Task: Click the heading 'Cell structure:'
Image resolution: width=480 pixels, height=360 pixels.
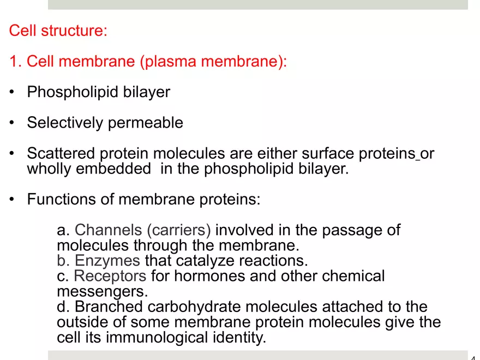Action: tap(58, 30)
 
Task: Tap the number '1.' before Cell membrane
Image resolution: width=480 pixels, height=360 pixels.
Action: tap(16, 61)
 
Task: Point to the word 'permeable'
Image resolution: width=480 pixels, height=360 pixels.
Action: tap(146, 123)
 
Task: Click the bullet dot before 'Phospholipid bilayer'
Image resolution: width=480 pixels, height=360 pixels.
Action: tap(12, 92)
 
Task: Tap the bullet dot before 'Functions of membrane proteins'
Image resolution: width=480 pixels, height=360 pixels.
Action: tap(12, 200)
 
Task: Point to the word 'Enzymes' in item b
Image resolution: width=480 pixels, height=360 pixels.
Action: tap(107, 261)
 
